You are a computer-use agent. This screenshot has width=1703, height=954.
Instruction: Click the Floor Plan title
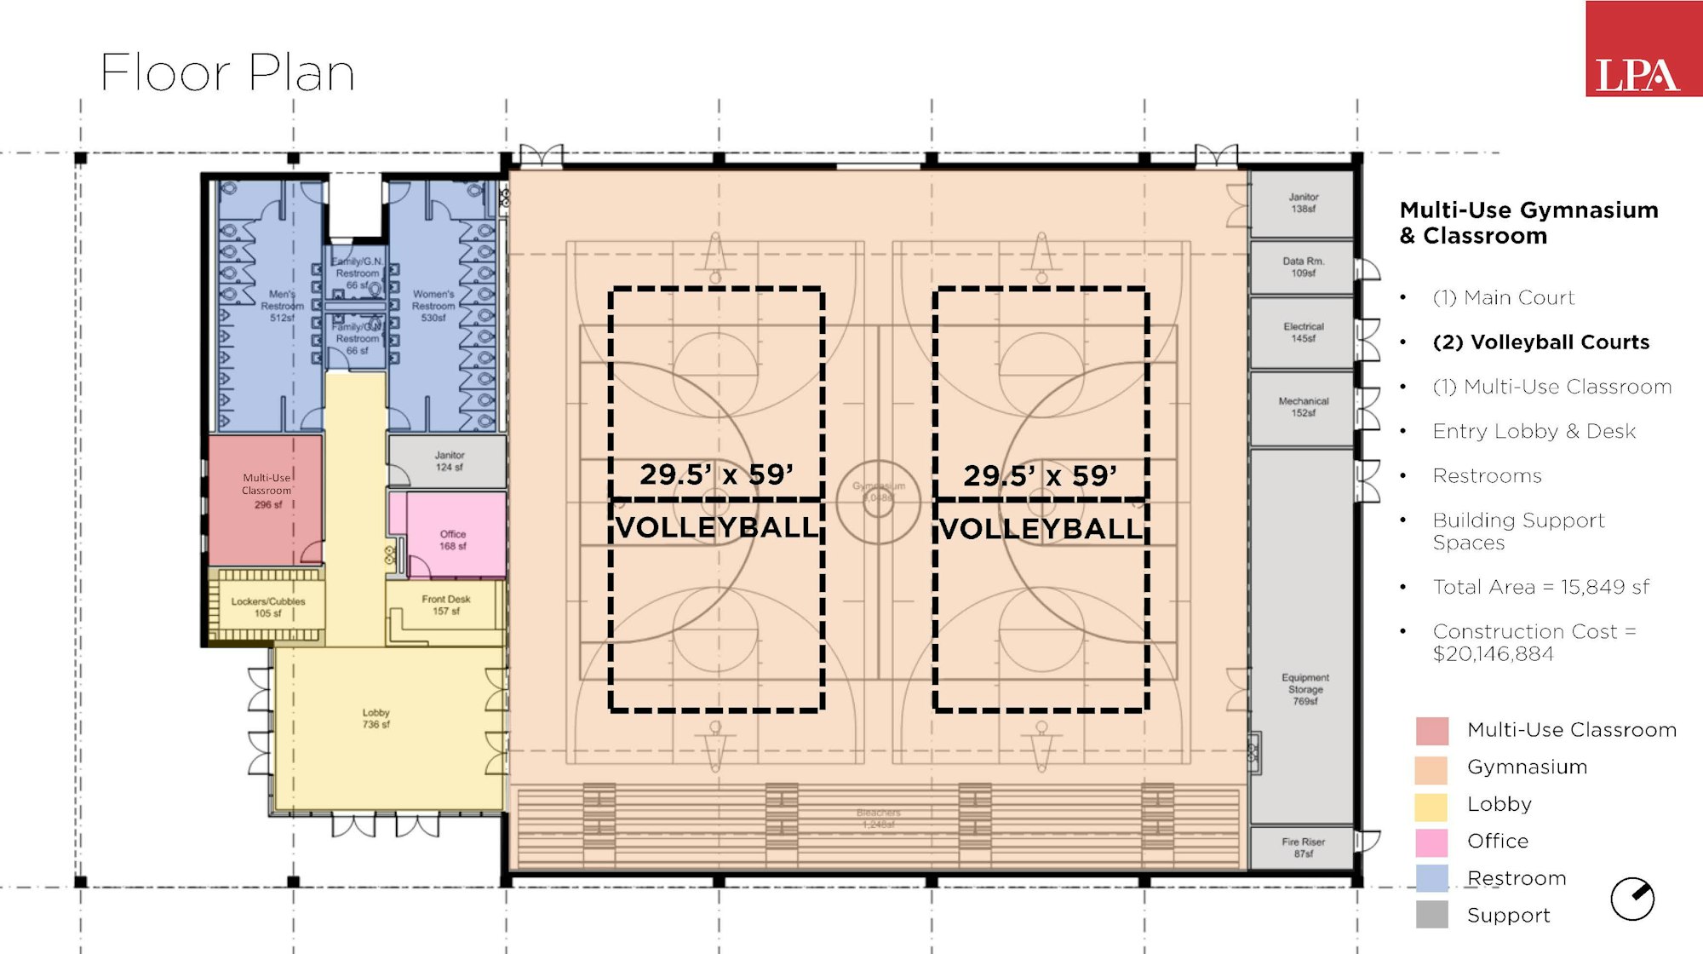[x=227, y=73]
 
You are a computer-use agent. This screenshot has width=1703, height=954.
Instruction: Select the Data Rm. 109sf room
[x=1302, y=267]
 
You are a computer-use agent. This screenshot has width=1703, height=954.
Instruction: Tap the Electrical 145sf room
[x=1302, y=332]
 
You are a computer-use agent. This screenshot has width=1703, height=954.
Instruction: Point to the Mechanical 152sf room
[x=1302, y=407]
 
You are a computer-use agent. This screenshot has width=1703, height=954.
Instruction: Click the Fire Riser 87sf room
[x=1302, y=847]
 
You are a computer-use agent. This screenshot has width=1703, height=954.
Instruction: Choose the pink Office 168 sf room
[x=453, y=538]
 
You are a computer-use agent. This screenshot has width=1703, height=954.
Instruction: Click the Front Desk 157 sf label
[x=445, y=605]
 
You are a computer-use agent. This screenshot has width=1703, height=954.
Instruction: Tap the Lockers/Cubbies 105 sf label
[x=267, y=606]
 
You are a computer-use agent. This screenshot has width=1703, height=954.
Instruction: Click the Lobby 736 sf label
[x=376, y=718]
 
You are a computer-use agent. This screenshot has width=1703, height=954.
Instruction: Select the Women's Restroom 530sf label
[x=433, y=306]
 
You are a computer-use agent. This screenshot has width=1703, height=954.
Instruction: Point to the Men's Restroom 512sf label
[x=282, y=306]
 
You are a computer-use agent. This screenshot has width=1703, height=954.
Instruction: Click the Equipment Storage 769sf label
[x=1304, y=689]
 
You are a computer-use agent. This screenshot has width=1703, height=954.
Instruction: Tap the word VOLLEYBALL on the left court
[x=716, y=527]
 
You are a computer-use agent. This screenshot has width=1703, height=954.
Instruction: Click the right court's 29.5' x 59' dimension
[x=1040, y=475]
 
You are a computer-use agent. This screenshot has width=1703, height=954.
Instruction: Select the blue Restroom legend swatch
[x=1431, y=878]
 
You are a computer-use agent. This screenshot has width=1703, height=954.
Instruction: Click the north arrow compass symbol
[x=1631, y=899]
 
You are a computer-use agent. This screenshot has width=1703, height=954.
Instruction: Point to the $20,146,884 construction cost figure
[x=1493, y=654]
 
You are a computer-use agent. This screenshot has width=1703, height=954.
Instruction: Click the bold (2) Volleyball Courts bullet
[x=1540, y=342]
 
